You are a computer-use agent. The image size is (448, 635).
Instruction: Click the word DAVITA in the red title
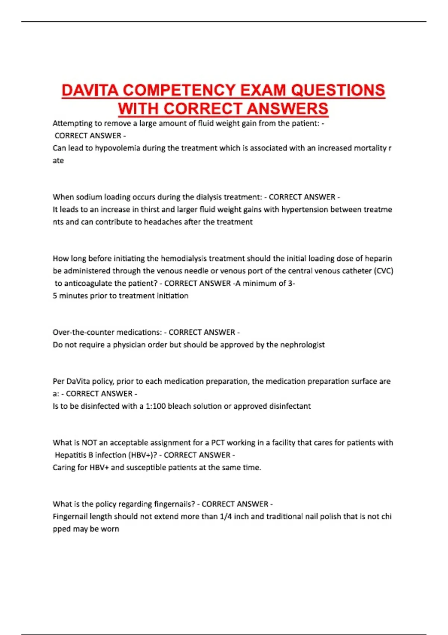(x=90, y=91)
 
